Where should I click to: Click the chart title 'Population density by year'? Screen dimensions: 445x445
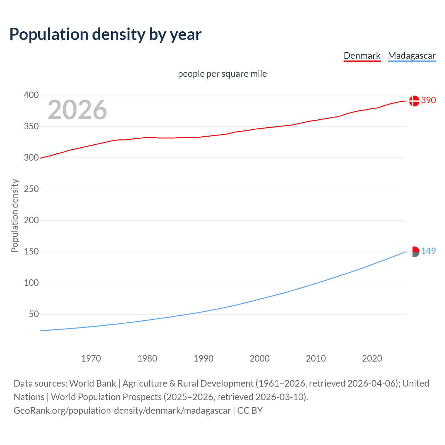[105, 34]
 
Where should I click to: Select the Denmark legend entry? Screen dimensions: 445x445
[362, 56]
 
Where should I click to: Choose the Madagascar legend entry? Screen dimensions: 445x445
[412, 56]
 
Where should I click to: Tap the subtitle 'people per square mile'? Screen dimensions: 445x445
[222, 74]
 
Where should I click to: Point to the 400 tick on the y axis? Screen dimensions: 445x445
[31, 95]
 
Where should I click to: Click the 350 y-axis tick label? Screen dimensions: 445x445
[31, 126]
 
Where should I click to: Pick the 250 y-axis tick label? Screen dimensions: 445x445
[31, 189]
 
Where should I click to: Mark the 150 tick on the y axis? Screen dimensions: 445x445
[31, 251]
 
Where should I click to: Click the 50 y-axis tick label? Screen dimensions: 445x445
[34, 314]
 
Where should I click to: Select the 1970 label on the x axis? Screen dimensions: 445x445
[91, 358]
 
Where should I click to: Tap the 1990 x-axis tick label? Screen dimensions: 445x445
[203, 358]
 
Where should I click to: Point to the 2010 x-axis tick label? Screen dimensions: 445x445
[316, 358]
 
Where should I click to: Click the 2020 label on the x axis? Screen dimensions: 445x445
[372, 358]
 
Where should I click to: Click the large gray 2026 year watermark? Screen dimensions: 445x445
[77, 110]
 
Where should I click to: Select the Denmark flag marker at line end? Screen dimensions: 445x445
[414, 101]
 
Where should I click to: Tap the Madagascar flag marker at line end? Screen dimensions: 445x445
[414, 252]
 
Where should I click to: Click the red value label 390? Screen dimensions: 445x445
[428, 100]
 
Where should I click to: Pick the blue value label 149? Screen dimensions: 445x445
[428, 251]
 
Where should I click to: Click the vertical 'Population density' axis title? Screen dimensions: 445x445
[15, 216]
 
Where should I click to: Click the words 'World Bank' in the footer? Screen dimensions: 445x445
[92, 383]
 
